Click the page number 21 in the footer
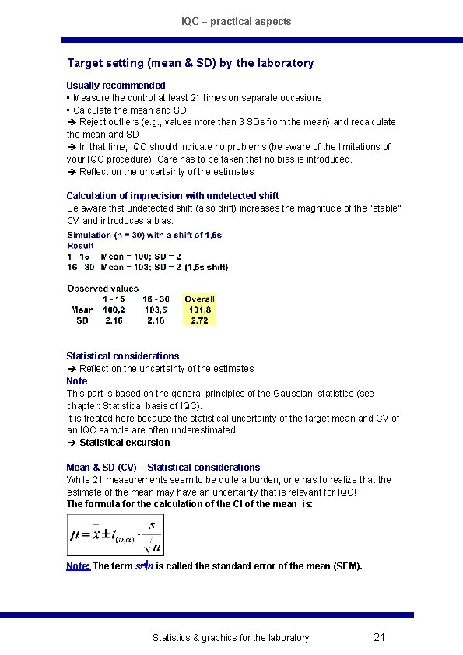pos(380,637)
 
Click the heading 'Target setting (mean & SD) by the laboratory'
pos(191,63)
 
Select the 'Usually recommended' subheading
pos(116,85)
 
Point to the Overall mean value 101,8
pos(199,309)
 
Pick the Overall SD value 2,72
pos(199,320)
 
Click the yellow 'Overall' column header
pos(199,299)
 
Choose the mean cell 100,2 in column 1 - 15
pos(114,309)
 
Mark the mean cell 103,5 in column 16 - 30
pos(156,309)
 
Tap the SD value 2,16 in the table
pos(114,320)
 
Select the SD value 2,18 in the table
pos(156,320)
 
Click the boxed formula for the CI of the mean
pos(115,535)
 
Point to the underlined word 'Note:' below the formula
pos(79,566)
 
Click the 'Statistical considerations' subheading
pos(122,356)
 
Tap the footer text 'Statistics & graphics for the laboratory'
pos(230,638)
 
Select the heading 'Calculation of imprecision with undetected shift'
pos(172,196)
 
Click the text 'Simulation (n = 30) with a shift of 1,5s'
pos(145,235)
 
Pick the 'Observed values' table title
pos(103,289)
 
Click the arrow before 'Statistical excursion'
pos(71,443)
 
